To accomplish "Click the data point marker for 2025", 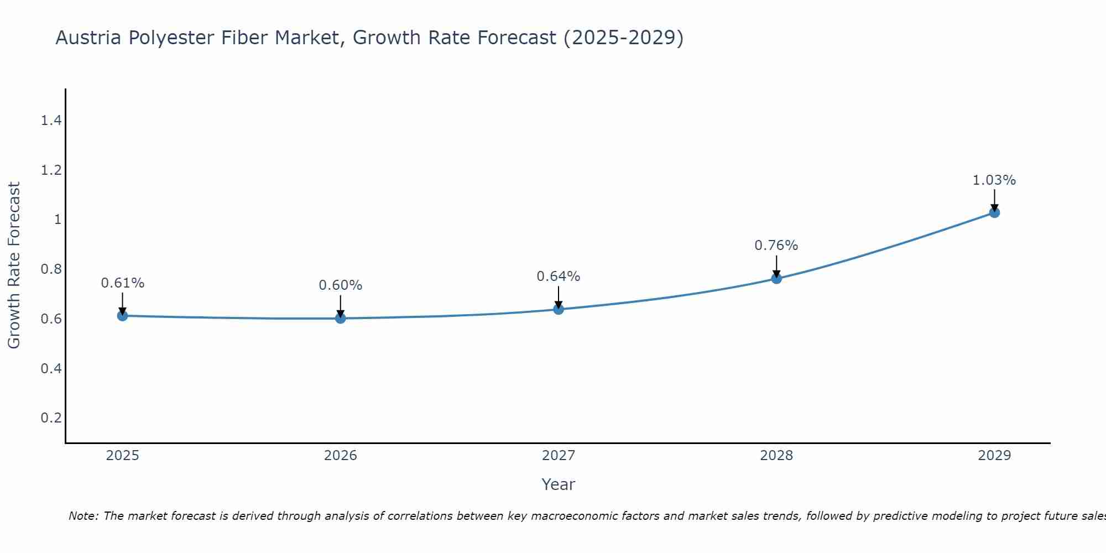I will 122,316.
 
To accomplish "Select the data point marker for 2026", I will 341,318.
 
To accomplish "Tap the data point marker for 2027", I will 559,309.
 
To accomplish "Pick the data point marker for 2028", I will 776,278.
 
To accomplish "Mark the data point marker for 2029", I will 994,212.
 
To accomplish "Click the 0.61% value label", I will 122,283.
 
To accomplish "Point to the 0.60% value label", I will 341,285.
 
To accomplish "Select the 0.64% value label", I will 559,276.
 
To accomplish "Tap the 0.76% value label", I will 776,246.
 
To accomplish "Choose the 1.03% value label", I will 994,180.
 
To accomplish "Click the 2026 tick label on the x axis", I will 341,456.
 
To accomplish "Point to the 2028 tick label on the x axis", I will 776,456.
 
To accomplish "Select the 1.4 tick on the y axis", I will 51,121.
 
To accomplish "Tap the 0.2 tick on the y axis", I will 51,418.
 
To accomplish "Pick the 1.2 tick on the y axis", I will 51,170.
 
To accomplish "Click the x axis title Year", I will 559,484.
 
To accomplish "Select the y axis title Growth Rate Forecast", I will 14,265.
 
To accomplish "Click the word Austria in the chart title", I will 88,38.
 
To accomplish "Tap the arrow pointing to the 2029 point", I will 994,200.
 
